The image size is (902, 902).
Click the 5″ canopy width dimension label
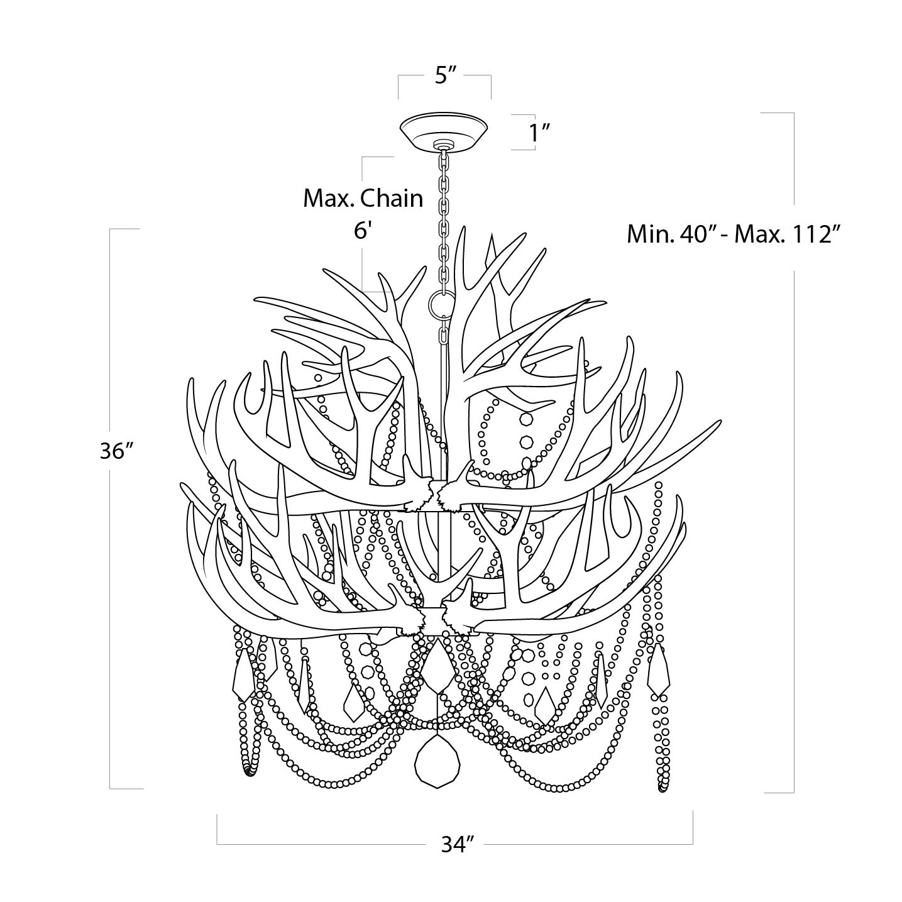(445, 75)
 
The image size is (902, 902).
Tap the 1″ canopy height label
(539, 133)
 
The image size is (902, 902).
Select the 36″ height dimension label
(118, 451)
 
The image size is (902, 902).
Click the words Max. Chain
(363, 199)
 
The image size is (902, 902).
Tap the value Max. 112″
(788, 235)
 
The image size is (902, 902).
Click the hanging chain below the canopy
(444, 214)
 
